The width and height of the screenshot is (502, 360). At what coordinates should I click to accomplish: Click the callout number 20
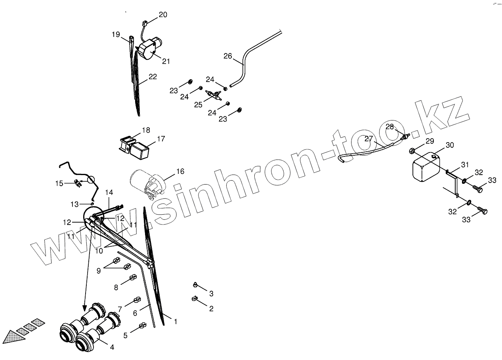(x=163, y=15)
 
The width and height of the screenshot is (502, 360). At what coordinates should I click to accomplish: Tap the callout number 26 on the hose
(x=227, y=56)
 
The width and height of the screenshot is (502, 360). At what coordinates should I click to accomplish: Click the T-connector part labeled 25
(x=214, y=95)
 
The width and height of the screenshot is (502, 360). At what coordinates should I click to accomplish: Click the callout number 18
(x=146, y=130)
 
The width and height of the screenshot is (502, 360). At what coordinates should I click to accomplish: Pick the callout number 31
(x=464, y=165)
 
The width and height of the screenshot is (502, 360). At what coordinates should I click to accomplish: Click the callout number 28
(x=390, y=127)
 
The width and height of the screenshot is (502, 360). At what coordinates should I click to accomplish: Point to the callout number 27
(x=369, y=139)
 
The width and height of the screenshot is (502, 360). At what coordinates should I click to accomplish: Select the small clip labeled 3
(x=195, y=284)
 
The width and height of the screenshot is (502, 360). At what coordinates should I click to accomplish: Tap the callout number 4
(x=112, y=347)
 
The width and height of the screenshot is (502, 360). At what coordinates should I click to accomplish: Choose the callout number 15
(x=59, y=183)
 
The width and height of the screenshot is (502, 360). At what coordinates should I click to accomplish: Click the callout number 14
(x=109, y=192)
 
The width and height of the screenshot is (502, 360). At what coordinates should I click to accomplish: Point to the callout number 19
(x=116, y=34)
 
